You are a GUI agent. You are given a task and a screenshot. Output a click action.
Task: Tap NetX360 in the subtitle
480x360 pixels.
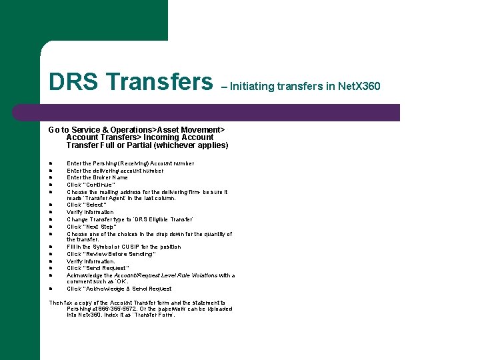pyautogui.click(x=359, y=86)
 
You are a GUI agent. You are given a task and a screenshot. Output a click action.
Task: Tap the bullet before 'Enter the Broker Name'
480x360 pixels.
pyautogui.click(x=51, y=177)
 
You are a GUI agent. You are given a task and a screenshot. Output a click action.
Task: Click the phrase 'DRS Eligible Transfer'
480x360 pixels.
pyautogui.click(x=165, y=219)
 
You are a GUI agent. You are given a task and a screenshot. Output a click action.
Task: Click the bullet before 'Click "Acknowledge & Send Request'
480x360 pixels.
pyautogui.click(x=51, y=289)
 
